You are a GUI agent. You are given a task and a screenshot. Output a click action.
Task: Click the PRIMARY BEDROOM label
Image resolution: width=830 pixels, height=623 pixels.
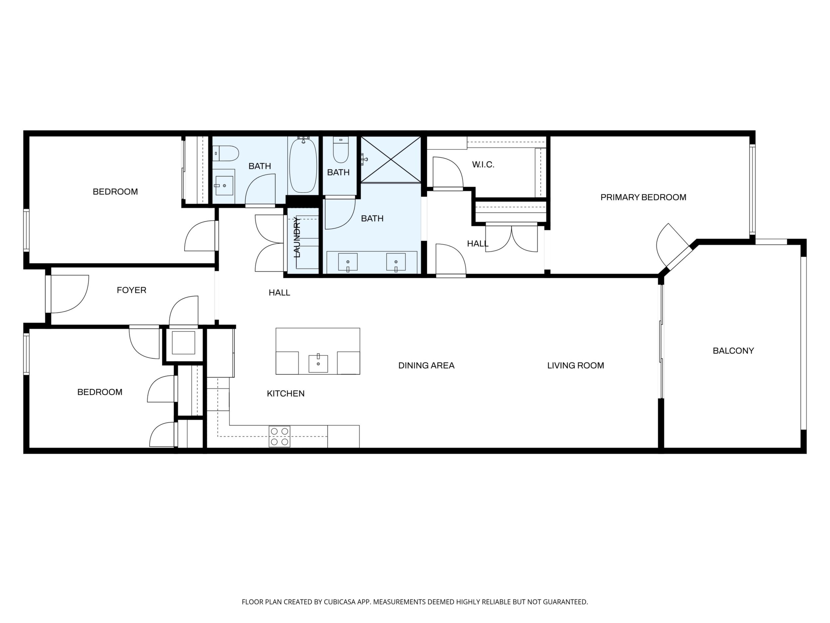pyautogui.click(x=643, y=197)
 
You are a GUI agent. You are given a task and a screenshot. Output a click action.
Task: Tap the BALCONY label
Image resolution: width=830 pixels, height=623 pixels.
pyautogui.click(x=733, y=350)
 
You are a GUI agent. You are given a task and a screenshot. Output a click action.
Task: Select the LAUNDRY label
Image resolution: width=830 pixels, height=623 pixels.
pyautogui.click(x=297, y=237)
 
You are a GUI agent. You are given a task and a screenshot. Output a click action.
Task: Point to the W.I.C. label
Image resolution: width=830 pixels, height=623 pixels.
pyautogui.click(x=483, y=164)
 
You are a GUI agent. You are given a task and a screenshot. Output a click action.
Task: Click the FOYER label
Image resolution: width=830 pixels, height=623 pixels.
pyautogui.click(x=131, y=290)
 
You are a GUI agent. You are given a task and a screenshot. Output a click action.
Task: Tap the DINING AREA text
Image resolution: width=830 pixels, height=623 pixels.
pyautogui.click(x=426, y=365)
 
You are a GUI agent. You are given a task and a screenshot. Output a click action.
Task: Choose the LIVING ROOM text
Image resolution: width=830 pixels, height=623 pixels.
pyautogui.click(x=576, y=365)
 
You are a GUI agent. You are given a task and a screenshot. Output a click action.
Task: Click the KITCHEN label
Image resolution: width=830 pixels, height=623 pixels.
pyautogui.click(x=286, y=394)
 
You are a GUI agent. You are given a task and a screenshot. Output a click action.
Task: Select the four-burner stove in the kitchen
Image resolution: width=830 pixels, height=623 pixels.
pyautogui.click(x=280, y=436)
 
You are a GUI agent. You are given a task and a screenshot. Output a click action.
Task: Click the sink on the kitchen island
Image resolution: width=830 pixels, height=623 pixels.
pyautogui.click(x=318, y=363)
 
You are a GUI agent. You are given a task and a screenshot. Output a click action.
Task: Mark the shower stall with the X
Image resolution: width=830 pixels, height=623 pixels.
pyautogui.click(x=391, y=160)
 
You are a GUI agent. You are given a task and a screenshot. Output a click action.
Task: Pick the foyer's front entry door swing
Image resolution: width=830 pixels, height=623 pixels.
pyautogui.click(x=70, y=294)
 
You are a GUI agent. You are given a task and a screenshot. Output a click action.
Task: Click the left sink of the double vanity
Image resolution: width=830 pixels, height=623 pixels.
pyautogui.click(x=348, y=262)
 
